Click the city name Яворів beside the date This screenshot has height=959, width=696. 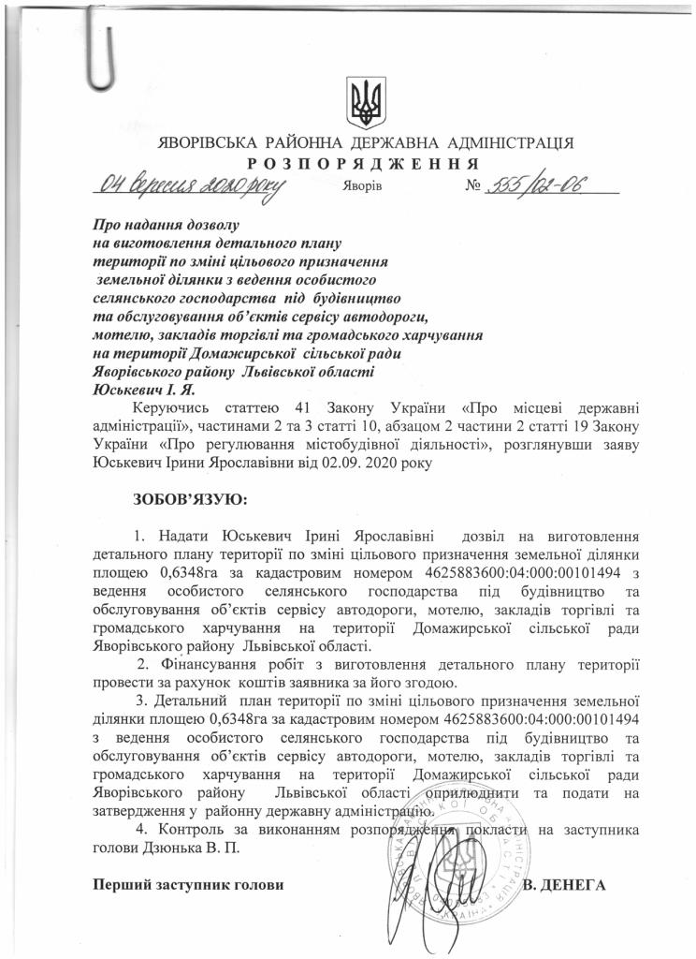[364, 185]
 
